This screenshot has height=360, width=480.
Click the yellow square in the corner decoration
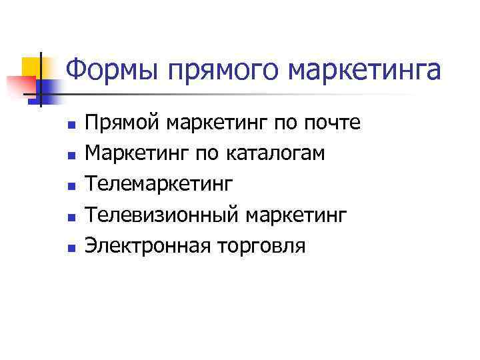click(33, 67)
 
